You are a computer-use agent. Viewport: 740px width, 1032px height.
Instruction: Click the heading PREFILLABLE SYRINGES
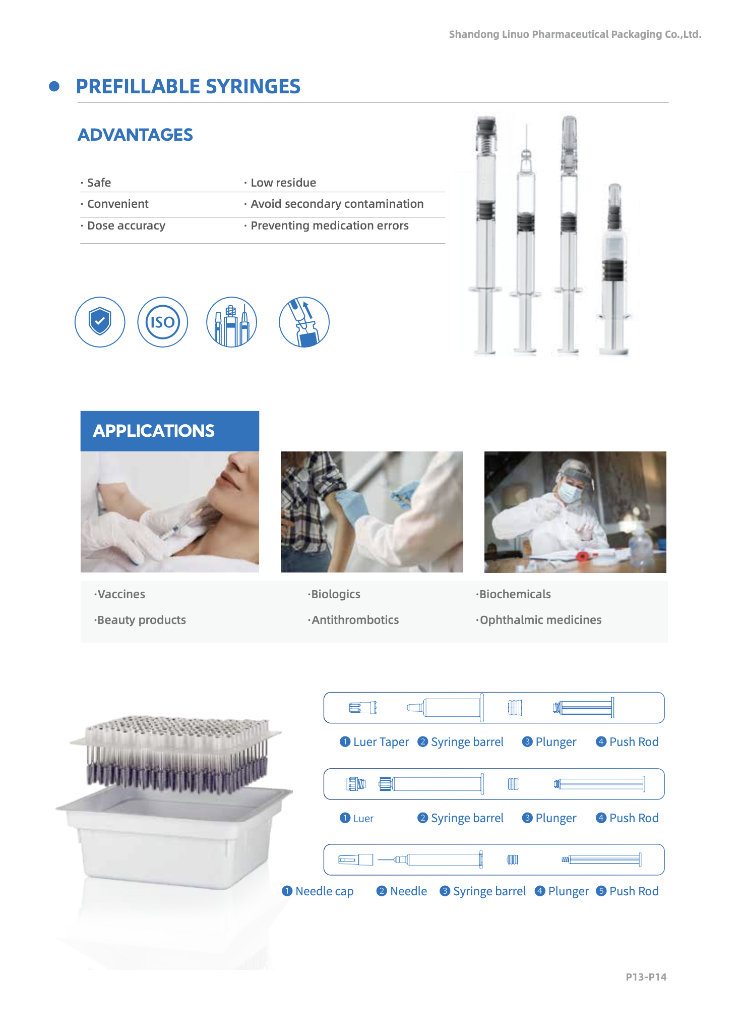coord(188,87)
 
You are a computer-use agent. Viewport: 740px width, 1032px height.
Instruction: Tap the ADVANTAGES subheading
coord(135,135)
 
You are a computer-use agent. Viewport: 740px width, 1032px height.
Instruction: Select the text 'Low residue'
coord(283,183)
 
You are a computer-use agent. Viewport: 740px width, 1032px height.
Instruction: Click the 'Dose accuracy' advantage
coord(126,225)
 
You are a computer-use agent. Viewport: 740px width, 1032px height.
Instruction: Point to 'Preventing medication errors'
coord(330,225)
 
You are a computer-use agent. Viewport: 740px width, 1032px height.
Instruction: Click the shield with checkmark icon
coord(100,322)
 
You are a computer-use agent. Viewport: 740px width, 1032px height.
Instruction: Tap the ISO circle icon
coord(163,322)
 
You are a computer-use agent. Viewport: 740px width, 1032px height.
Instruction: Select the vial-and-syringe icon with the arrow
coord(304,322)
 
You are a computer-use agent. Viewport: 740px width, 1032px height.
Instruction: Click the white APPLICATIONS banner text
coord(154,431)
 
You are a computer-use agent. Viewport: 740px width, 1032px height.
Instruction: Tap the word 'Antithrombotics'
coord(355,620)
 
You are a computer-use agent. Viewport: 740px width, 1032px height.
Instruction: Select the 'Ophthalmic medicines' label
coord(540,620)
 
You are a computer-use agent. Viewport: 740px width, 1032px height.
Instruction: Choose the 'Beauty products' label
coord(141,620)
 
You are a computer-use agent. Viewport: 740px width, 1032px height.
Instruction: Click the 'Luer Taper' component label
coord(381,742)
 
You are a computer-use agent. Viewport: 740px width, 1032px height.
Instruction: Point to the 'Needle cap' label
coord(324,891)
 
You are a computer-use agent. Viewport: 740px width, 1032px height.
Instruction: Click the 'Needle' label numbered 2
coord(408,891)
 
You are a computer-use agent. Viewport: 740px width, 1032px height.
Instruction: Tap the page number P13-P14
coord(646,977)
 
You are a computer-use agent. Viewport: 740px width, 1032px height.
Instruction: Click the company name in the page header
coord(575,34)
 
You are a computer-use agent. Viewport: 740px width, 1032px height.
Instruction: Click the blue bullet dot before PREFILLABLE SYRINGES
coord(54,87)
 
